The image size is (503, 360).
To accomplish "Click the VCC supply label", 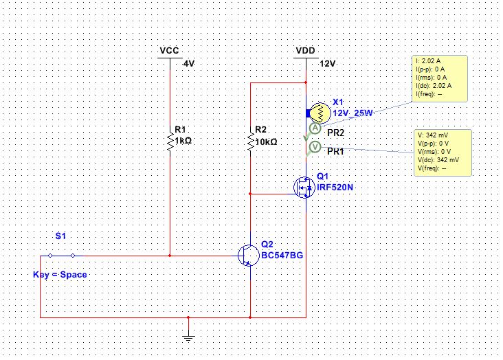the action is tap(169, 51).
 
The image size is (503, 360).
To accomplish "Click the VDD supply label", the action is tap(305, 51).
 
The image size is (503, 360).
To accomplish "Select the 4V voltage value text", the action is tap(188, 64).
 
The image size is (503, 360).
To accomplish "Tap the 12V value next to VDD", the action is tap(327, 64).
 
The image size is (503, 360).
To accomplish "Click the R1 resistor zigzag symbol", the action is tap(170, 141).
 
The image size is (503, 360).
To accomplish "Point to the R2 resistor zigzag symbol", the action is tap(250, 141).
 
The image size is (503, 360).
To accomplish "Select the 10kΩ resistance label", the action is tap(266, 142).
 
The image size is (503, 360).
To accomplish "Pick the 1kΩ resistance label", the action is tap(183, 141).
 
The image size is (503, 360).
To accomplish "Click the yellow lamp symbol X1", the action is tap(320, 113).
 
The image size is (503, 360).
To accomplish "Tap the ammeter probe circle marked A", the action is tap(315, 128).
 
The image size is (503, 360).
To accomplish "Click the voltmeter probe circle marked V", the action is tap(315, 147).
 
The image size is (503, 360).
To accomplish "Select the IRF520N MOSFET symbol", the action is tap(304, 188).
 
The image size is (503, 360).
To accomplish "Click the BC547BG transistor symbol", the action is tap(249, 256).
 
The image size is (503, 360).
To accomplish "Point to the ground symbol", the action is tap(188, 337).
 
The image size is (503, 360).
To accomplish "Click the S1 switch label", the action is tap(60, 236).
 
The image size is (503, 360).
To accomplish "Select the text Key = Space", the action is tap(60, 275).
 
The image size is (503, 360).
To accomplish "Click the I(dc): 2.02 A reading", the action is tap(434, 86).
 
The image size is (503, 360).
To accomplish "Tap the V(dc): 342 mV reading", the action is tap(438, 160).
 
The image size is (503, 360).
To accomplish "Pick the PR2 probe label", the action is tap(335, 133).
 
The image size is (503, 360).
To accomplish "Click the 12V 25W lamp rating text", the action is tap(353, 113).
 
